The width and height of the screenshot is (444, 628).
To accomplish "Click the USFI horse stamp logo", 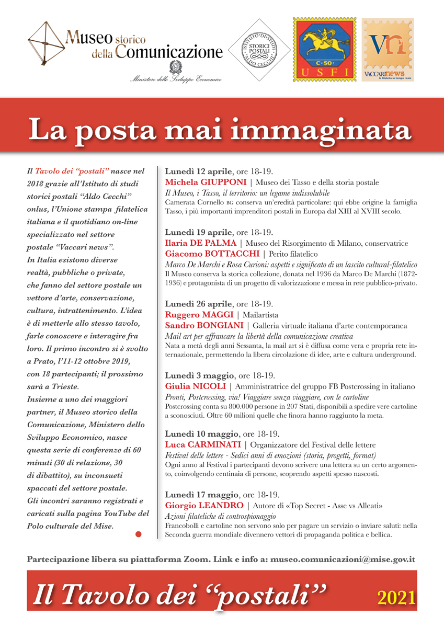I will [x=323, y=50].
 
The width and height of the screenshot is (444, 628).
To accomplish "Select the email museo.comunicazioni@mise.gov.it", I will [x=342, y=559].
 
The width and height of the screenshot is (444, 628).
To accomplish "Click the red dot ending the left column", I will [x=139, y=534].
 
